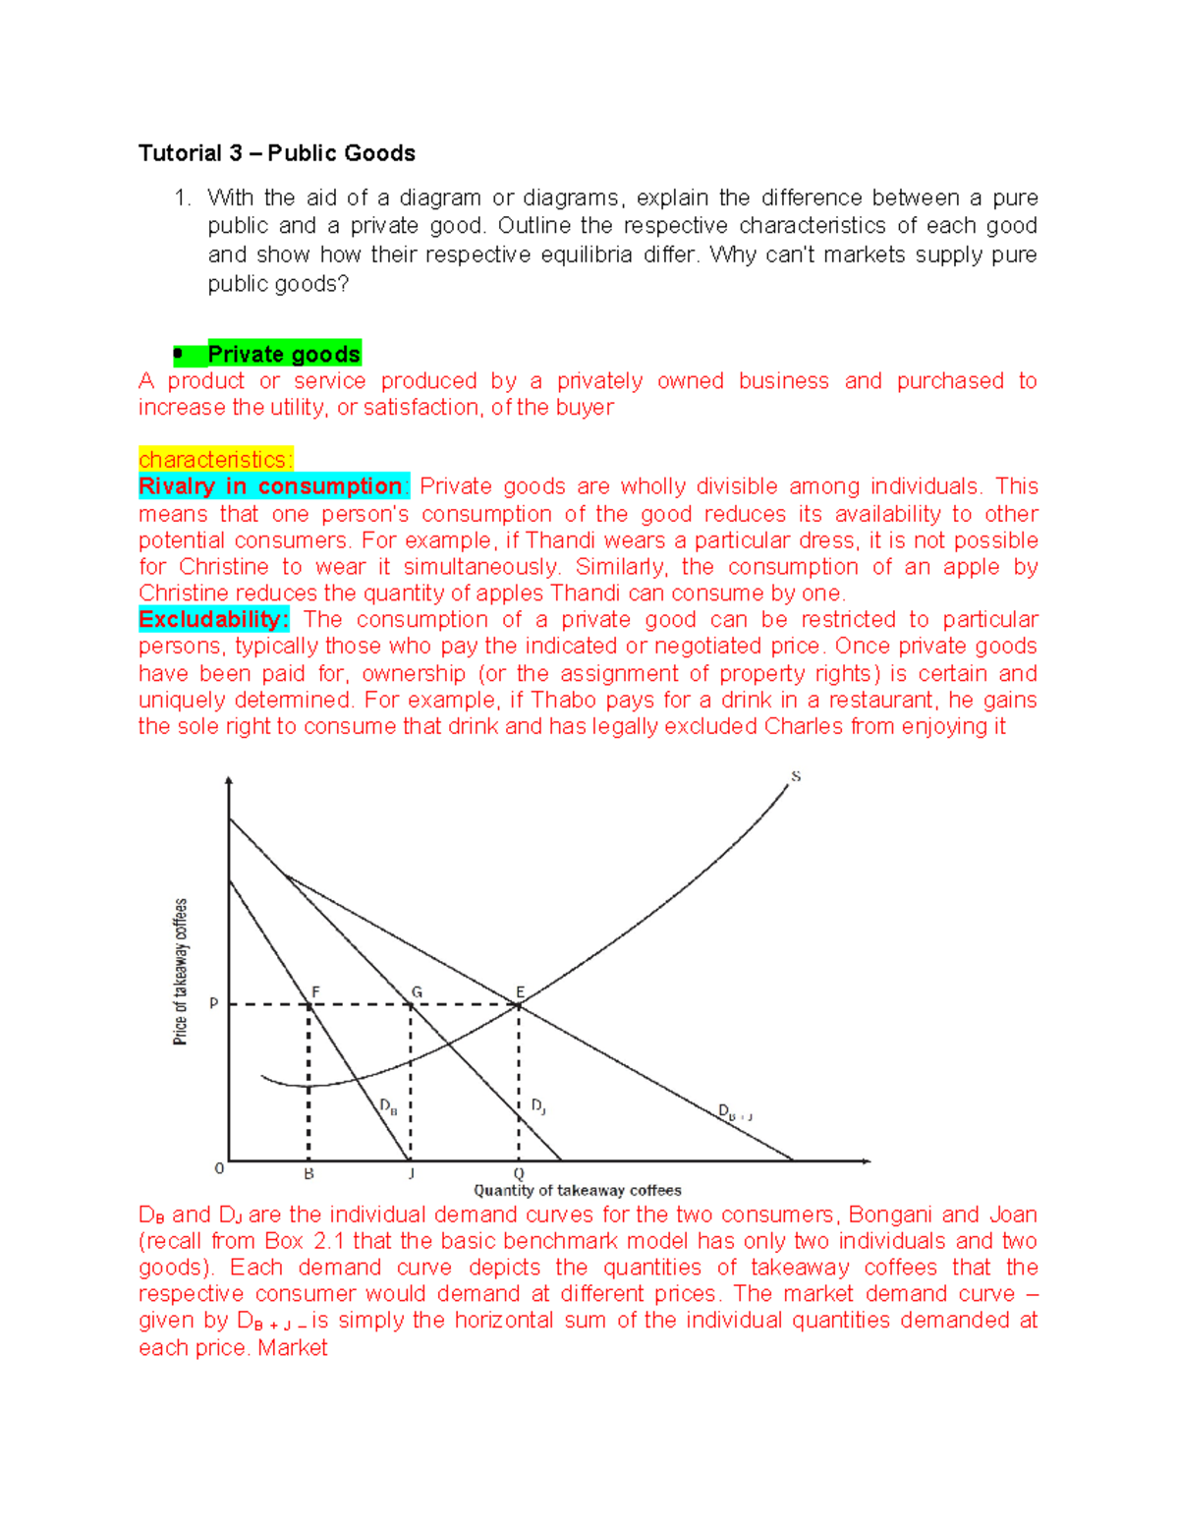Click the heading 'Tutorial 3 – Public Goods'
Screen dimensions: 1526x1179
pyautogui.click(x=276, y=153)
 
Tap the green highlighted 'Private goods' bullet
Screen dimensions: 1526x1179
pyautogui.click(x=283, y=354)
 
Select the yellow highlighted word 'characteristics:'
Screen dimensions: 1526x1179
pyautogui.click(x=215, y=460)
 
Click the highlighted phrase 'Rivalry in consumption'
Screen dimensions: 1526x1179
pyautogui.click(x=271, y=486)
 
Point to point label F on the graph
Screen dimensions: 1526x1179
pyautogui.click(x=315, y=992)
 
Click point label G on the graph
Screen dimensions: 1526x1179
pyautogui.click(x=417, y=992)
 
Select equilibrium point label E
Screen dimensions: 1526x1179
pyautogui.click(x=520, y=992)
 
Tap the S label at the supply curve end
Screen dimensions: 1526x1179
pyautogui.click(x=796, y=776)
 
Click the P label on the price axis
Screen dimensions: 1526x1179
pyautogui.click(x=213, y=1004)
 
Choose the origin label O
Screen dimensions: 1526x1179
pyautogui.click(x=219, y=1168)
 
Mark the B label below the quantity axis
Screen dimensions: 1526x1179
pyautogui.click(x=309, y=1174)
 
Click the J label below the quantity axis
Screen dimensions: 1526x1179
pyautogui.click(x=411, y=1174)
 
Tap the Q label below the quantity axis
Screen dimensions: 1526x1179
pyautogui.click(x=519, y=1174)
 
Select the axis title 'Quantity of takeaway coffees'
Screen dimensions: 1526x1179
pyautogui.click(x=577, y=1190)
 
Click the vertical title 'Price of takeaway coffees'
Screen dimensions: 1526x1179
pyautogui.click(x=181, y=971)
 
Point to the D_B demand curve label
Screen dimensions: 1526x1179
pyautogui.click(x=389, y=1106)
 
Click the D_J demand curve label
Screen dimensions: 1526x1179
pyautogui.click(x=538, y=1106)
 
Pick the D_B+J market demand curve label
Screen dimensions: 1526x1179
pyautogui.click(x=734, y=1113)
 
